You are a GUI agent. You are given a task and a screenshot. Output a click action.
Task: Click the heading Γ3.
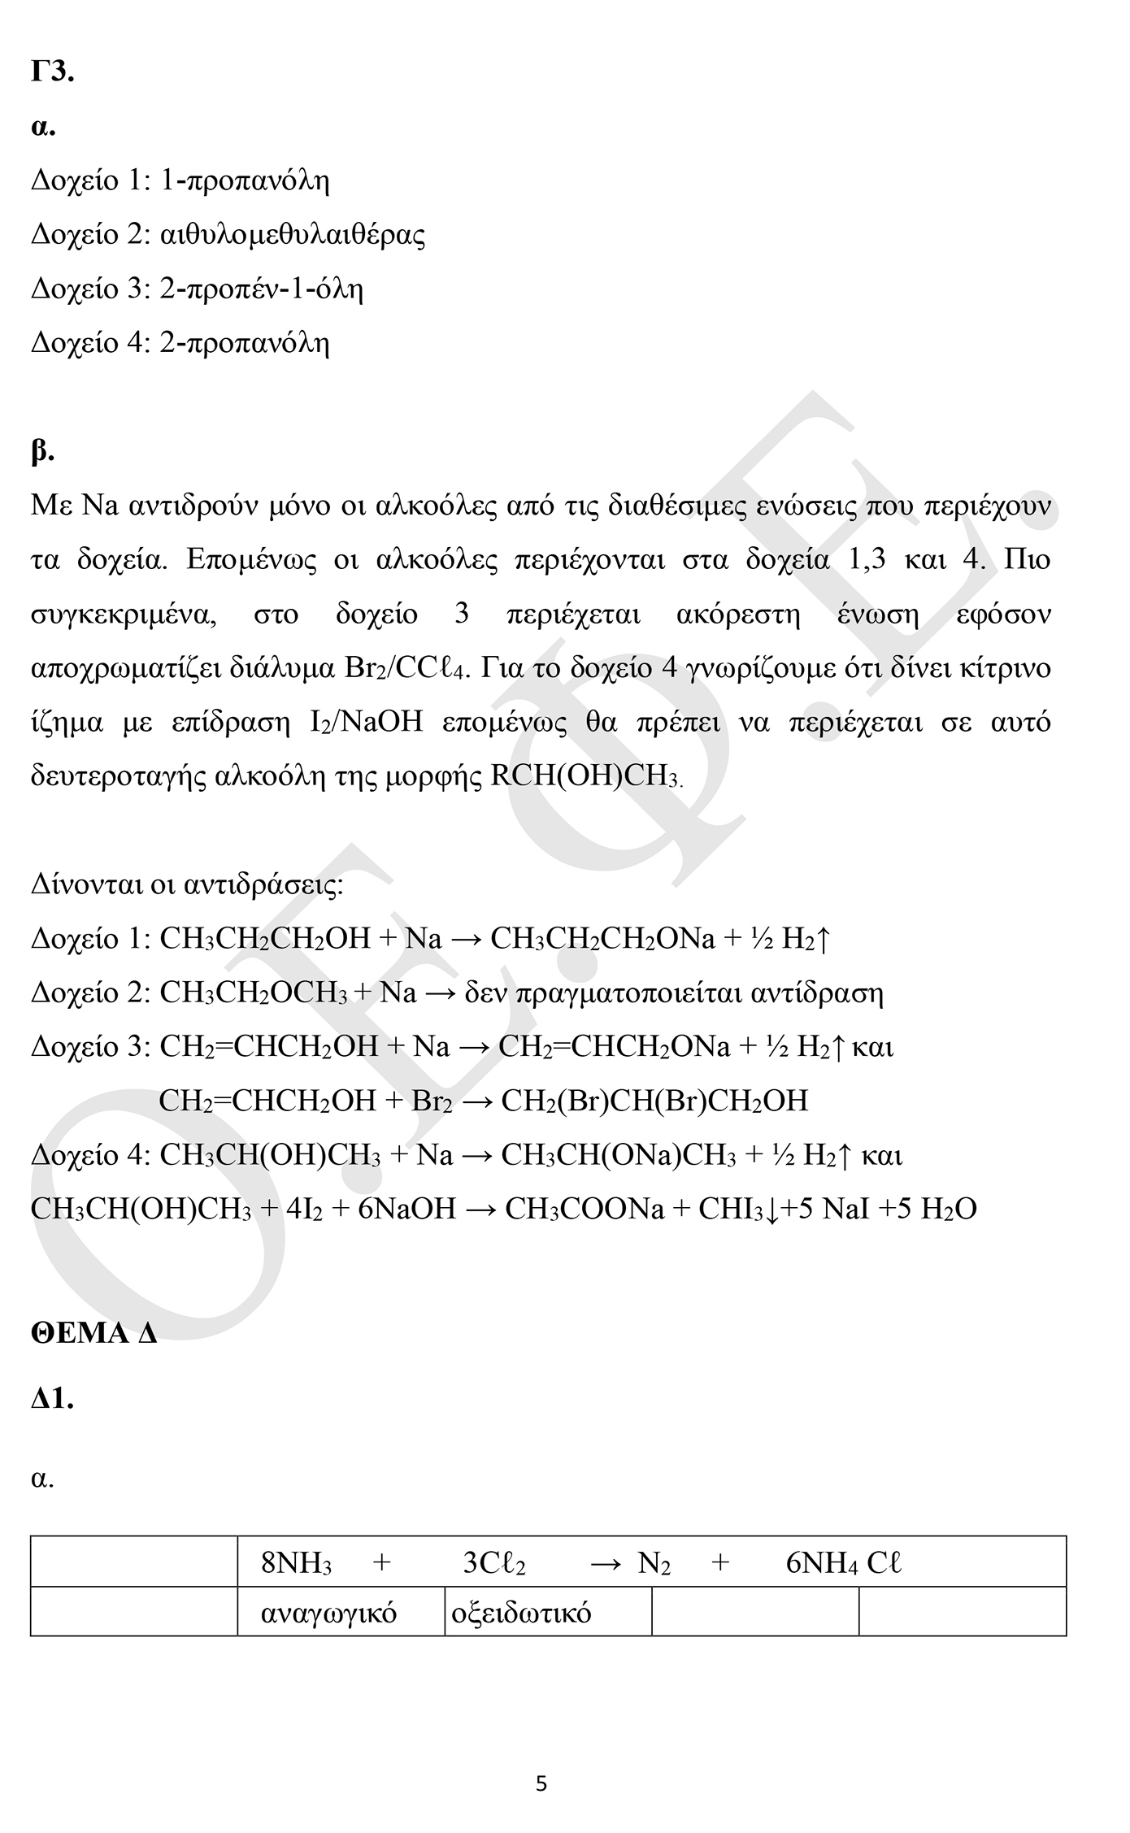pos(53,72)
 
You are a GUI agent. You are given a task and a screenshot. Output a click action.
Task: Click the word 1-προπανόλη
pos(245,180)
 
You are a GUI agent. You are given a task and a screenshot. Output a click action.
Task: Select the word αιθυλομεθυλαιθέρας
pos(293,235)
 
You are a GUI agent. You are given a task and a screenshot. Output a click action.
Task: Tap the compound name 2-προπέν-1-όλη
pos(261,289)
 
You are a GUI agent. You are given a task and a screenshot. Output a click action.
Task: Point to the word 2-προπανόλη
pos(245,344)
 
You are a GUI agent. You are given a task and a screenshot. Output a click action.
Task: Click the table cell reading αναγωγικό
pos(328,1612)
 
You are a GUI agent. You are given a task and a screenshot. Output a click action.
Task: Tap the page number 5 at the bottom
pos(541,1784)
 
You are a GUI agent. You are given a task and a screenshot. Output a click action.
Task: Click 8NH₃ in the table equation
pos(296,1563)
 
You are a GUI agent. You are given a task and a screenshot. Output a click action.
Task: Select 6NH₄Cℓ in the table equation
pos(843,1563)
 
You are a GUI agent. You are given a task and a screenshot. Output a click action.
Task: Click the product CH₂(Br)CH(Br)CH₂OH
pos(654,1101)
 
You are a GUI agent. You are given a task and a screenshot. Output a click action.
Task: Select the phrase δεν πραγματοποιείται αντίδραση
pos(674,993)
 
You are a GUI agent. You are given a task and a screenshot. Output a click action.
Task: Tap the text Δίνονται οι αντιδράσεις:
pos(187,884)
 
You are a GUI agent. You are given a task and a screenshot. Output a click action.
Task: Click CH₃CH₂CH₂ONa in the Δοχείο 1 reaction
pos(602,939)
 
